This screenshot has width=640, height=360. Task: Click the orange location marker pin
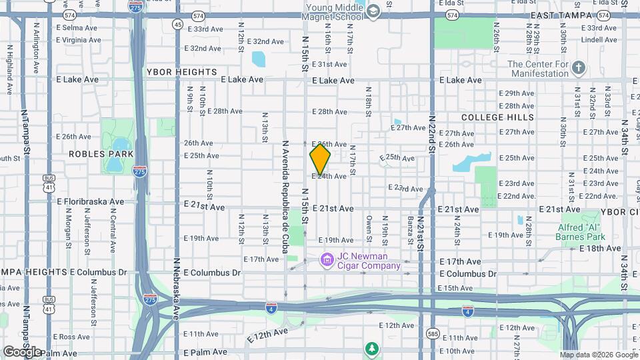320,159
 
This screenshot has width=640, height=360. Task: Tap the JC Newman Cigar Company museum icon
327,259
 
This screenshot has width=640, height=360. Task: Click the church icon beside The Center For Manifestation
579,68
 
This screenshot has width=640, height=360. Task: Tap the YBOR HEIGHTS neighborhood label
183,71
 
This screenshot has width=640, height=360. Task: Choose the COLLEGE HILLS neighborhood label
498,117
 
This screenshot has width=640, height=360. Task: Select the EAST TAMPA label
558,15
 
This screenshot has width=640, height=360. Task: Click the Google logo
21,351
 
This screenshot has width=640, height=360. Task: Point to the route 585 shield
433,333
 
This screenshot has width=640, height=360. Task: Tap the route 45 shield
177,24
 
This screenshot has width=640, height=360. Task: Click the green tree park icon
372,348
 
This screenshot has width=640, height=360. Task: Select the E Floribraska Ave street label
91,201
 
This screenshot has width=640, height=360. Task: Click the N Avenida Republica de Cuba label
285,191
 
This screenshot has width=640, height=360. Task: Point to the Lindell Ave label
595,39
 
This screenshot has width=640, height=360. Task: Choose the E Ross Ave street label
71,337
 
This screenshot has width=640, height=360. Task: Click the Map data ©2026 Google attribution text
597,355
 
